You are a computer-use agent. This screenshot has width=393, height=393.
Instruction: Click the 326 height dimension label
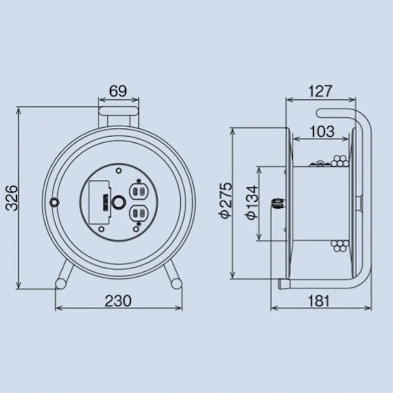point(12,198)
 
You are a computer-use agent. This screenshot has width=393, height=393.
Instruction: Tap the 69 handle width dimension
point(118,91)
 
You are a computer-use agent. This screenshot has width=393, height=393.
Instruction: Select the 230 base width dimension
point(118,301)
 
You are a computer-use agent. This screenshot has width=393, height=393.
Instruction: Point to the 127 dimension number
point(320,91)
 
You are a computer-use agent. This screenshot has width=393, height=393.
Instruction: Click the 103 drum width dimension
point(322,131)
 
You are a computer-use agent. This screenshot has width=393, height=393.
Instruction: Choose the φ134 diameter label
point(252,202)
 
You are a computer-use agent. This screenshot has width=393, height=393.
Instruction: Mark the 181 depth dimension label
point(319,301)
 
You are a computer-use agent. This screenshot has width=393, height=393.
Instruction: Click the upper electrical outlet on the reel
point(138,192)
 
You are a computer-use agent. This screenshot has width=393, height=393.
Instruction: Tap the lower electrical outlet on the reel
point(138,214)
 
